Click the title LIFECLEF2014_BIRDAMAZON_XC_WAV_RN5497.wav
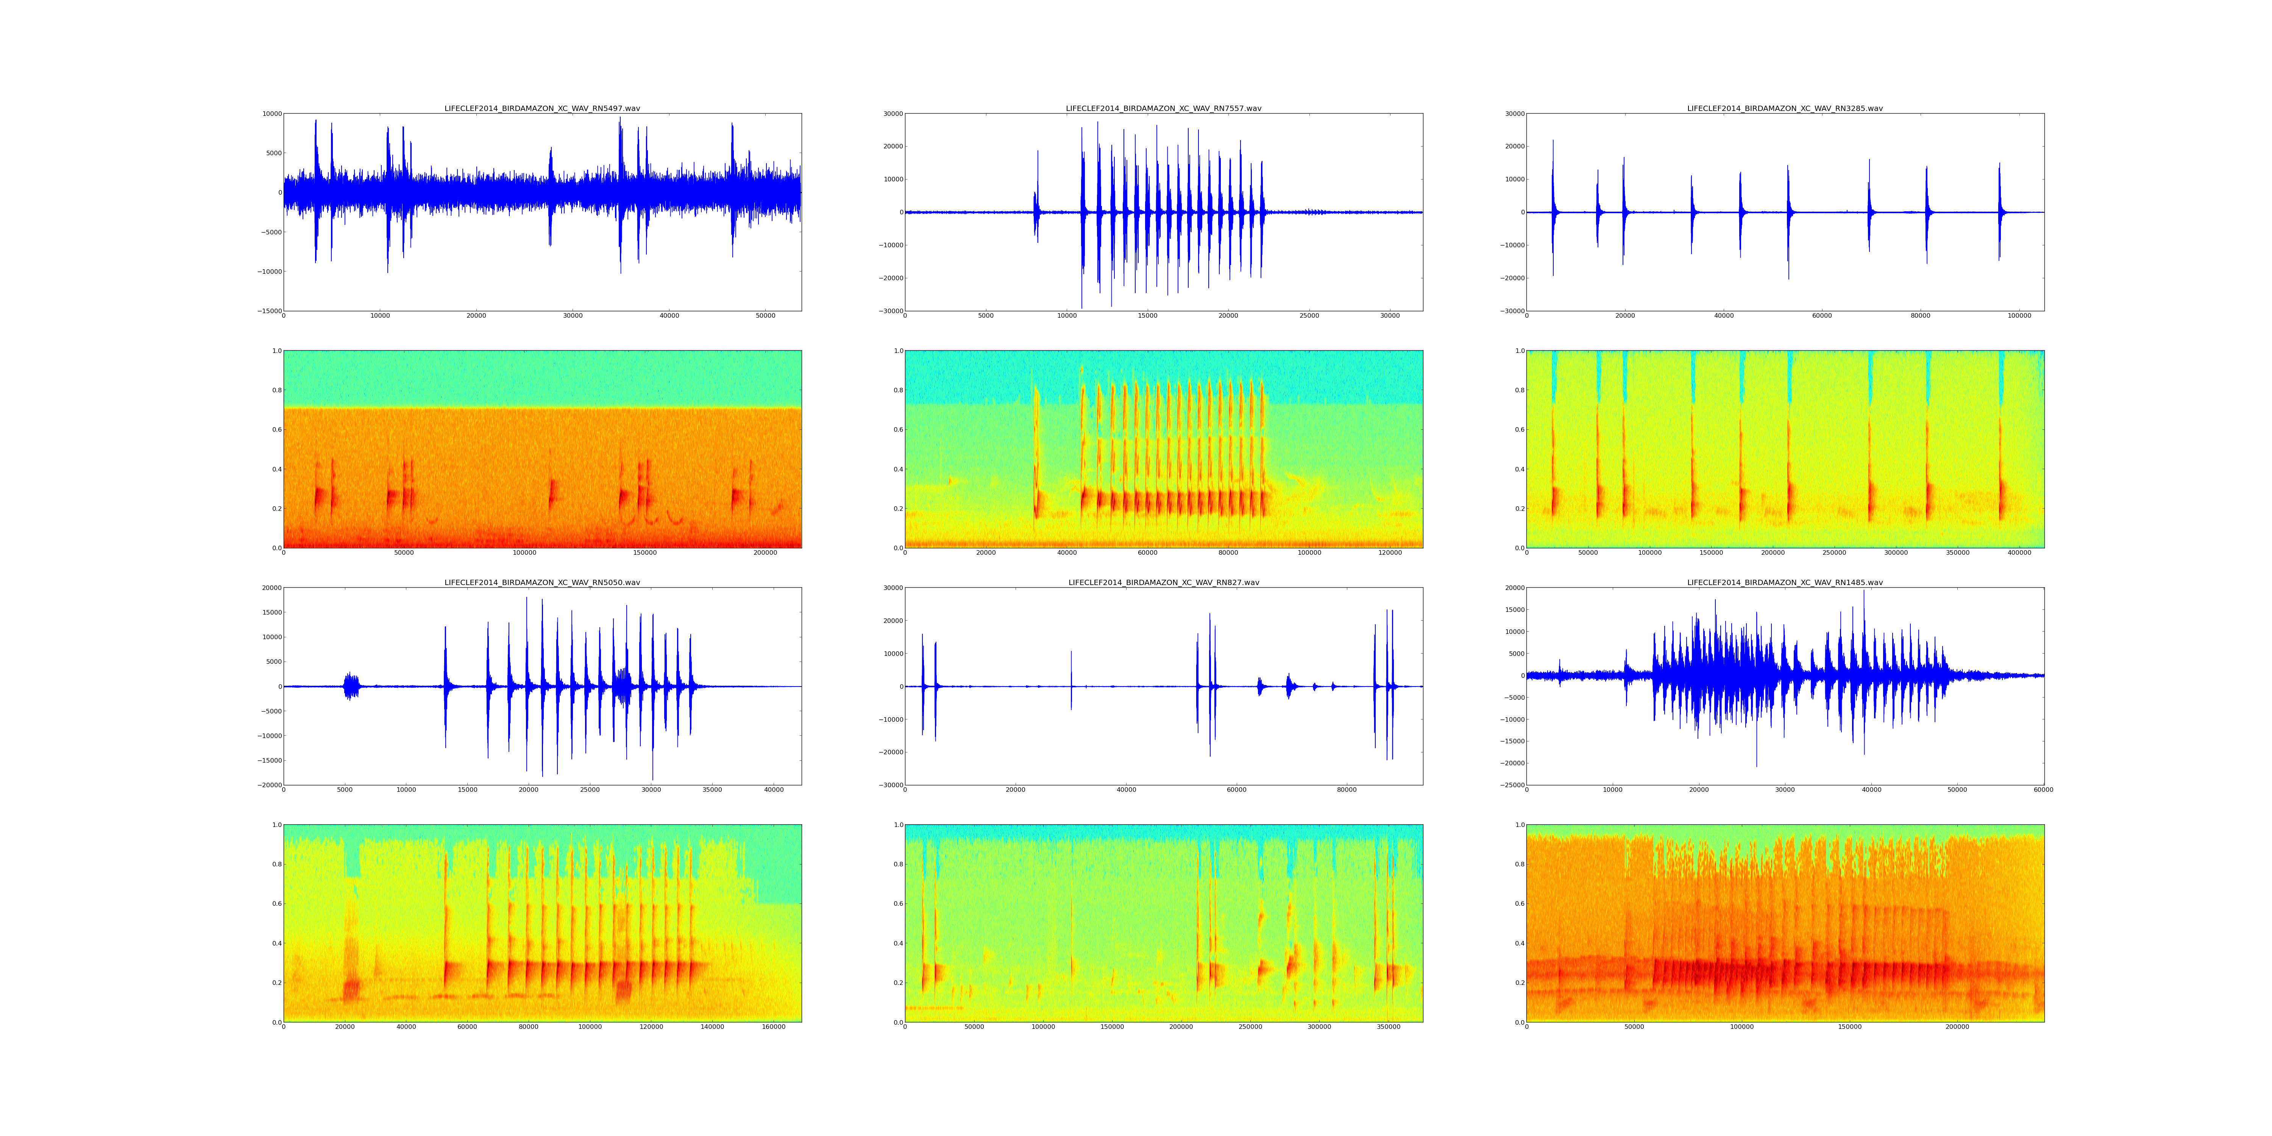point(541,108)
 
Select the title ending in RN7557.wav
point(1163,108)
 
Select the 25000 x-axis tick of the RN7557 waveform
point(1309,316)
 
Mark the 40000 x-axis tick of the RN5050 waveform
point(774,790)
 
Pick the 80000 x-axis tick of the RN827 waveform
point(1347,790)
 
